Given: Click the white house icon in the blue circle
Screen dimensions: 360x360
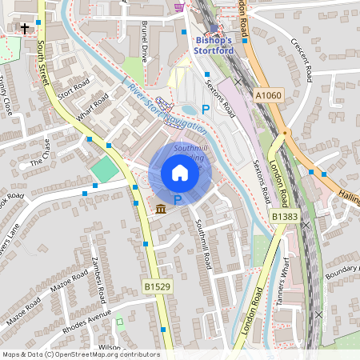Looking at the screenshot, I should [180, 173].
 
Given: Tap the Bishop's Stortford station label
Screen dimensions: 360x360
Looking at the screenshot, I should [214, 46].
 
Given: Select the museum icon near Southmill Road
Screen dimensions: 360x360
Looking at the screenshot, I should [161, 209].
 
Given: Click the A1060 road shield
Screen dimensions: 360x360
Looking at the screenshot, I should [268, 95].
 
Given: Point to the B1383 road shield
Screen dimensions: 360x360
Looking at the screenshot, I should [283, 216].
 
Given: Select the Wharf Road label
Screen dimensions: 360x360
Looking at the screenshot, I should [94, 108].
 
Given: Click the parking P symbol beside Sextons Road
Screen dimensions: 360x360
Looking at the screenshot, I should [206, 109].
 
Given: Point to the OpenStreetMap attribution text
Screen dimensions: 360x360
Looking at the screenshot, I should [80, 354].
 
